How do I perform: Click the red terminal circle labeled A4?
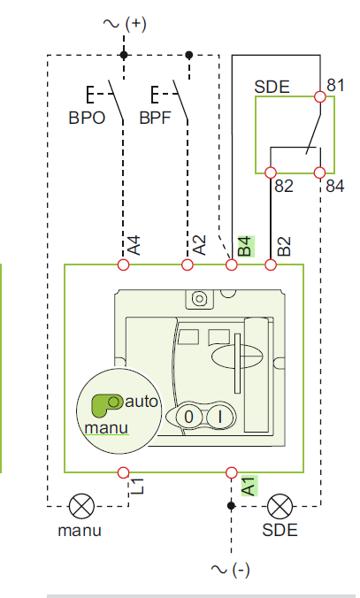coord(123,264)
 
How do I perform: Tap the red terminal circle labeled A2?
coord(188,264)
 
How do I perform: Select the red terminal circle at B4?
coord(232,264)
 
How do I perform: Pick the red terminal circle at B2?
coord(271,264)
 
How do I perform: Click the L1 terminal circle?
coord(123,472)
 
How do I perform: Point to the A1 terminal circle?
coord(232,472)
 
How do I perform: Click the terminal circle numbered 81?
coord(320,97)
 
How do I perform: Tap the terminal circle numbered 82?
coord(271,172)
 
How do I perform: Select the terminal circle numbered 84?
coord(320,172)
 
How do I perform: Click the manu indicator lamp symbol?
coord(81,506)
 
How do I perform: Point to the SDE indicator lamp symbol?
coord(280,506)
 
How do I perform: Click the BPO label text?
coord(87,118)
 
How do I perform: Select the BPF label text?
coord(155,118)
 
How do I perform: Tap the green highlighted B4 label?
coord(246,247)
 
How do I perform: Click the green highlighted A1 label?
coord(249,486)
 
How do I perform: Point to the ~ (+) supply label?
coord(125,24)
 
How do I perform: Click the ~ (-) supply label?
coord(230,570)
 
